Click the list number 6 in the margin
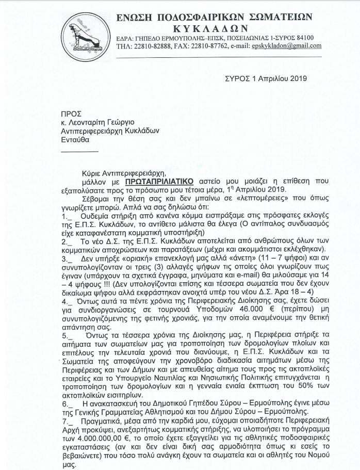click(x=64, y=403)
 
